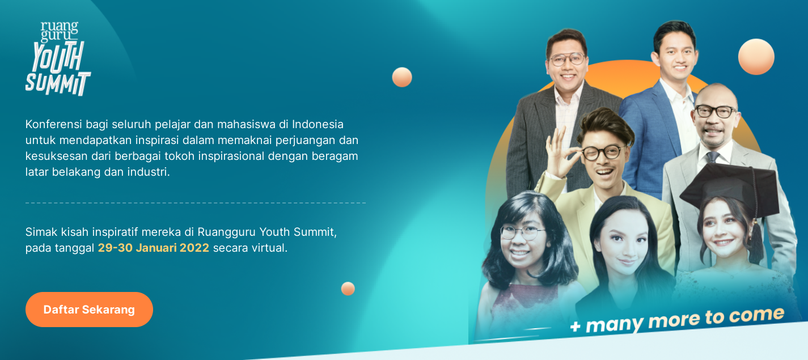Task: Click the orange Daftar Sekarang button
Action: point(89,310)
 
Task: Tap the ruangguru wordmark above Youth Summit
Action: point(60,31)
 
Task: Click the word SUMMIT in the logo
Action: point(58,84)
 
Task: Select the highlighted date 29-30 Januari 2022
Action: point(153,248)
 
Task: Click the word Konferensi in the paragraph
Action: point(53,124)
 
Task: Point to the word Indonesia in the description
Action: point(318,124)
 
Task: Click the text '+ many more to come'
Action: point(676,320)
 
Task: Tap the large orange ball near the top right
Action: point(756,57)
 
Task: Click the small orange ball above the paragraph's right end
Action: point(402,77)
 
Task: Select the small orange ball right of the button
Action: point(348,289)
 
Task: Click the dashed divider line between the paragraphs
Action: point(196,203)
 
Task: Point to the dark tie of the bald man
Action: point(712,157)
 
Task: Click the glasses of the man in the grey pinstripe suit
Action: point(568,59)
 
